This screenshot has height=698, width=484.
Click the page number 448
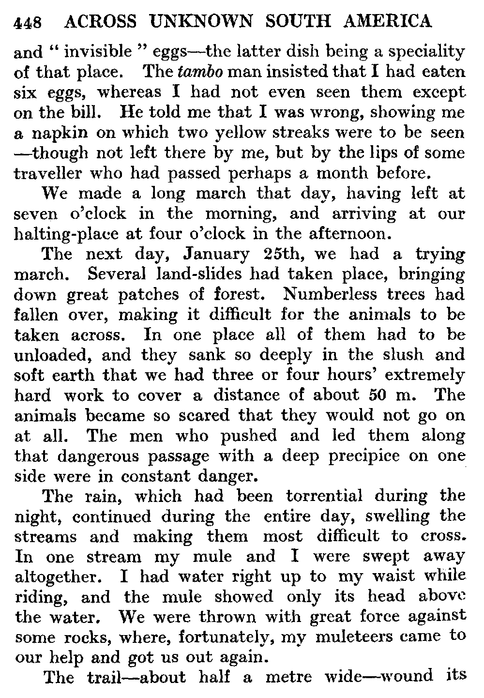tap(29, 23)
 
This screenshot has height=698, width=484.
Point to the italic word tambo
tap(200, 72)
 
